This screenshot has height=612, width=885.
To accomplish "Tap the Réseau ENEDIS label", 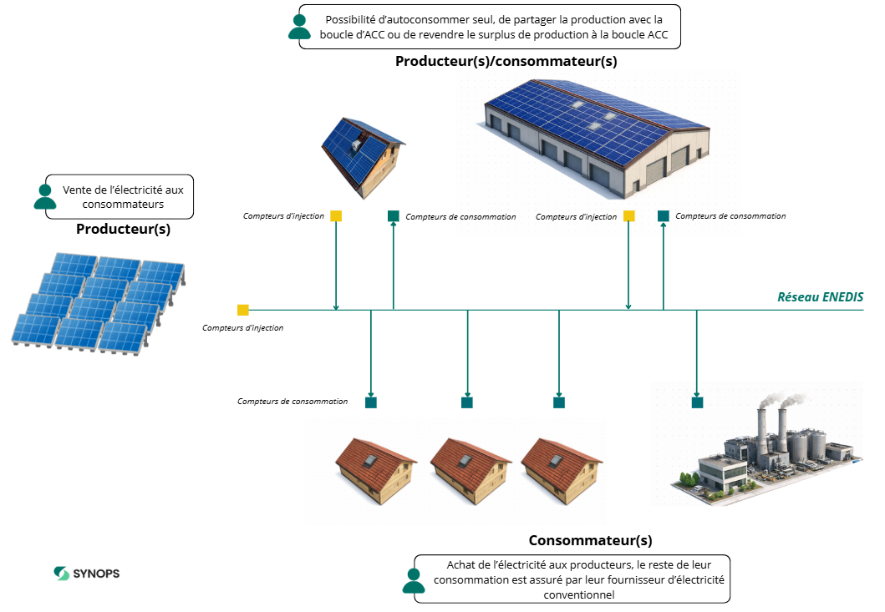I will [x=820, y=296].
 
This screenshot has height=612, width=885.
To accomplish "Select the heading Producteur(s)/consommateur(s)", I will [x=506, y=61].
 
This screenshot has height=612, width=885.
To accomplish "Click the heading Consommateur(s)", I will [x=590, y=540].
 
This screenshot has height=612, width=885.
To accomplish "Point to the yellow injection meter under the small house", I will [x=336, y=216].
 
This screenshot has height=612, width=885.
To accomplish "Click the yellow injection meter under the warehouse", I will [x=629, y=216].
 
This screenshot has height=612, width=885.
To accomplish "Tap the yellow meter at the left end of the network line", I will [x=243, y=310].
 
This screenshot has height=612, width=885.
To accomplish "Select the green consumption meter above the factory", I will [x=697, y=402].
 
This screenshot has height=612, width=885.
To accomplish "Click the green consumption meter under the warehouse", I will [x=664, y=216].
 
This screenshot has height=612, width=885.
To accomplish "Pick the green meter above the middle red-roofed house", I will [x=467, y=402].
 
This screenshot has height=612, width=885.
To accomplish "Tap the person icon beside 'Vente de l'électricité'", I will [x=45, y=195].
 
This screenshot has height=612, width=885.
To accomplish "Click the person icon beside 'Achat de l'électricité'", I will [x=413, y=580].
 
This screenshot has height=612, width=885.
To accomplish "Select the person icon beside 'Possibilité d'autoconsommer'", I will [x=298, y=26].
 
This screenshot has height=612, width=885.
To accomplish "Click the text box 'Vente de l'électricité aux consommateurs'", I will [x=123, y=197].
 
